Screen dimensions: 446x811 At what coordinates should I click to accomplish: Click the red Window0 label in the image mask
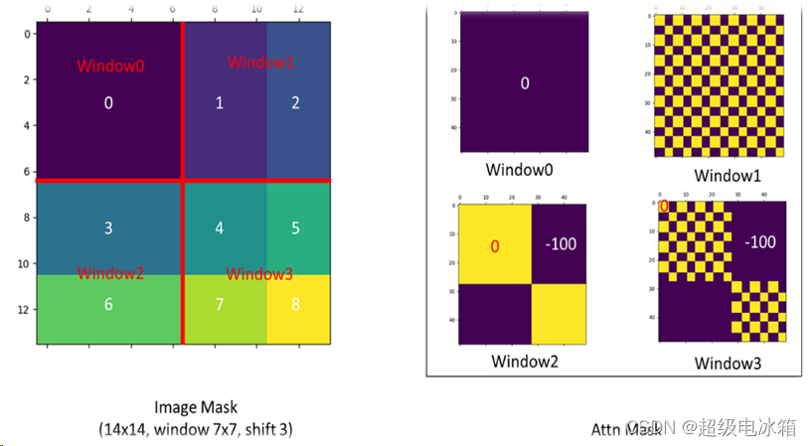click(x=110, y=67)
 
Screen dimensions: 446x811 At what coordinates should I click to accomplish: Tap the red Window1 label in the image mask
click(x=260, y=63)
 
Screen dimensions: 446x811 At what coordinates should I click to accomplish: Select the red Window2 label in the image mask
click(x=110, y=273)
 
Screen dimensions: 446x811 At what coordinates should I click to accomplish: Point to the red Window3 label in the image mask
click(x=260, y=273)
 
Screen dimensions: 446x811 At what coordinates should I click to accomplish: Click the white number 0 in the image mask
click(x=108, y=102)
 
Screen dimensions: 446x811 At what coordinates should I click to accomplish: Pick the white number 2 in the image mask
click(x=295, y=102)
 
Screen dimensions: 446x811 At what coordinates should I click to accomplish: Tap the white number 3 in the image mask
click(x=108, y=228)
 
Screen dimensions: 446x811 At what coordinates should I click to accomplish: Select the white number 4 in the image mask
click(x=220, y=228)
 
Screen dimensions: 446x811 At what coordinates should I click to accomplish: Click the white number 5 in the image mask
click(x=295, y=228)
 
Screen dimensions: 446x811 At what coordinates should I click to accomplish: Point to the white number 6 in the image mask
click(x=108, y=304)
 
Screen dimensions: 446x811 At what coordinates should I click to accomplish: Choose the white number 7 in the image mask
click(x=220, y=304)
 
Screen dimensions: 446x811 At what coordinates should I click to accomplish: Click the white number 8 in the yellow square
click(x=295, y=304)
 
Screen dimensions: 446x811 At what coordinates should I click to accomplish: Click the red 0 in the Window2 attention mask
click(x=494, y=246)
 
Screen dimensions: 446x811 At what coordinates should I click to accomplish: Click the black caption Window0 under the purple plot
click(x=524, y=169)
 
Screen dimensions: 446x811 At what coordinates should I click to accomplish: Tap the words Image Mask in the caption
click(x=196, y=407)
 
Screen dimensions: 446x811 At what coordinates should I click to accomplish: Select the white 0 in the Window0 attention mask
click(x=525, y=83)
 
